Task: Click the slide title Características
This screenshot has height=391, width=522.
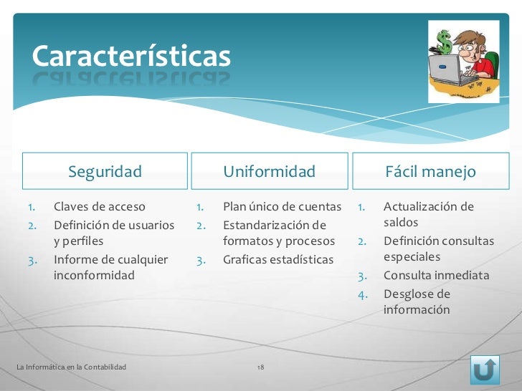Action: tap(130, 56)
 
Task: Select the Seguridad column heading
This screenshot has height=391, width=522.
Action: tap(105, 172)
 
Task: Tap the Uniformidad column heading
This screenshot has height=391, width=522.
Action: tap(269, 172)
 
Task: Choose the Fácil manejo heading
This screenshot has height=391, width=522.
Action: tap(430, 172)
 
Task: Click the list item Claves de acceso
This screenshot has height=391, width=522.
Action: tap(99, 207)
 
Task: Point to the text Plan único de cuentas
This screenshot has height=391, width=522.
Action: tap(282, 207)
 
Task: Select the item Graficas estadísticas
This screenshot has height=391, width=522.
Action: tap(278, 259)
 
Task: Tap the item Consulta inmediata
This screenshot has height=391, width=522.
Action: tap(436, 276)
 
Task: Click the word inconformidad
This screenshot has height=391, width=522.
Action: tap(94, 275)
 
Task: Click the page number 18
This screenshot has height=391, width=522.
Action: tap(260, 367)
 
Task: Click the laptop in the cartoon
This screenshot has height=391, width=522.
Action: tap(447, 70)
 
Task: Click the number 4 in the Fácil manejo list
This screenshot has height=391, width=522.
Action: tap(363, 294)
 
